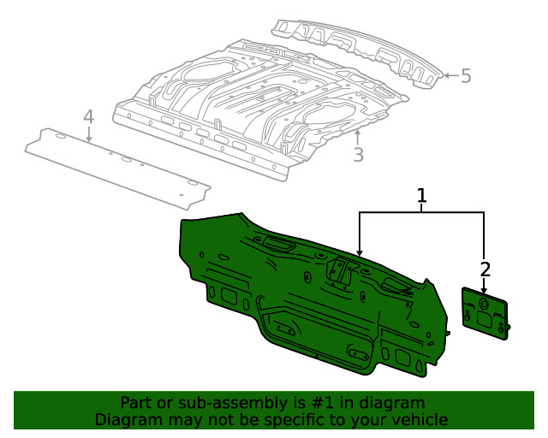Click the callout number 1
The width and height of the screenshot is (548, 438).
click(421, 197)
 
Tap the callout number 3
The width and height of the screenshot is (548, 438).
click(359, 155)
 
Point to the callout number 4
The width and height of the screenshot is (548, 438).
click(88, 116)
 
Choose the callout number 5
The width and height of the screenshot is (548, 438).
click(466, 76)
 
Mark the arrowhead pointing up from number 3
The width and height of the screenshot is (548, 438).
click(359, 133)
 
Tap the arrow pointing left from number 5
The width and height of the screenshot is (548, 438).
click(445, 76)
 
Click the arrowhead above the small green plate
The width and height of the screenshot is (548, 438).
click(484, 291)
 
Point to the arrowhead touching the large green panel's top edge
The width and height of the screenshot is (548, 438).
click(360, 254)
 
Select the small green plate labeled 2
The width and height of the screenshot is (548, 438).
click(486, 316)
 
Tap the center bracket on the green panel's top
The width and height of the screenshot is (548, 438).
click(342, 273)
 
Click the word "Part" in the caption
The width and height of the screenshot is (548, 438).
click(137, 403)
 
